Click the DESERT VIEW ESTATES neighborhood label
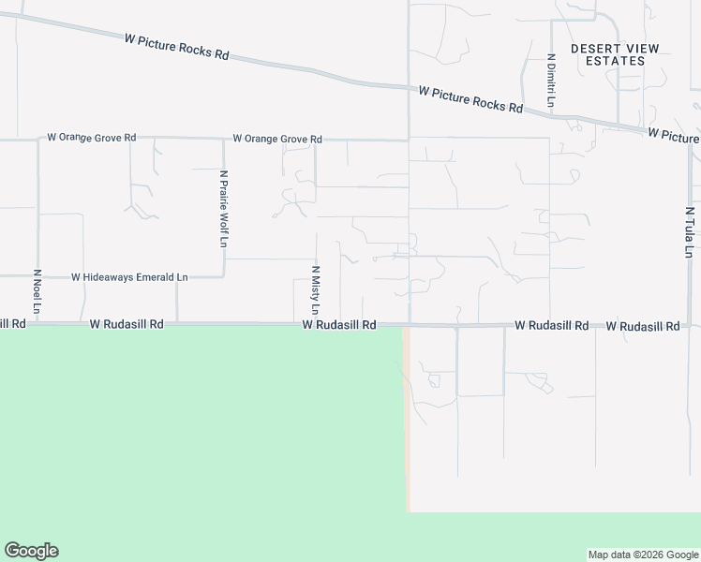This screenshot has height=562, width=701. [x=615, y=54]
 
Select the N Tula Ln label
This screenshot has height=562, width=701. [x=689, y=232]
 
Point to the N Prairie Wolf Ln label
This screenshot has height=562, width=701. [x=224, y=208]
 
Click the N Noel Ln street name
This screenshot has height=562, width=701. [x=37, y=292]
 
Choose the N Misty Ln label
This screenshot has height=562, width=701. [x=316, y=289]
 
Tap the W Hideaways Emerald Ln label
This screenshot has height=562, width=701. [x=129, y=277]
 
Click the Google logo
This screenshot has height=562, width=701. [x=31, y=551]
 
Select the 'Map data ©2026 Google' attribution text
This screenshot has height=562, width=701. [x=643, y=555]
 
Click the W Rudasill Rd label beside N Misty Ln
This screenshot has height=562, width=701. [x=338, y=325]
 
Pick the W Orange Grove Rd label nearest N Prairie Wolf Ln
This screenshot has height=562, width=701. [x=277, y=139]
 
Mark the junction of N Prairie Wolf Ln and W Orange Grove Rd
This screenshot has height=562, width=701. [x=224, y=140]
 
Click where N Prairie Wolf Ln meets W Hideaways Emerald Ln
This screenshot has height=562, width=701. [x=224, y=277]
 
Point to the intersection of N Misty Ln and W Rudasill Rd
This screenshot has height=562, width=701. [x=316, y=325]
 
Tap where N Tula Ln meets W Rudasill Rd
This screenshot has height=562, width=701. [x=689, y=326]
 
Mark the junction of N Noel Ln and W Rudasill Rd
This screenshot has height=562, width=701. [x=37, y=325]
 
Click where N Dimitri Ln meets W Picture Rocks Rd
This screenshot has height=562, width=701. [x=550, y=111]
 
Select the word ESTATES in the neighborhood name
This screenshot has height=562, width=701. [x=615, y=61]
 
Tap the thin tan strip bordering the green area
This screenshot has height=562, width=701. [x=406, y=421]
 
